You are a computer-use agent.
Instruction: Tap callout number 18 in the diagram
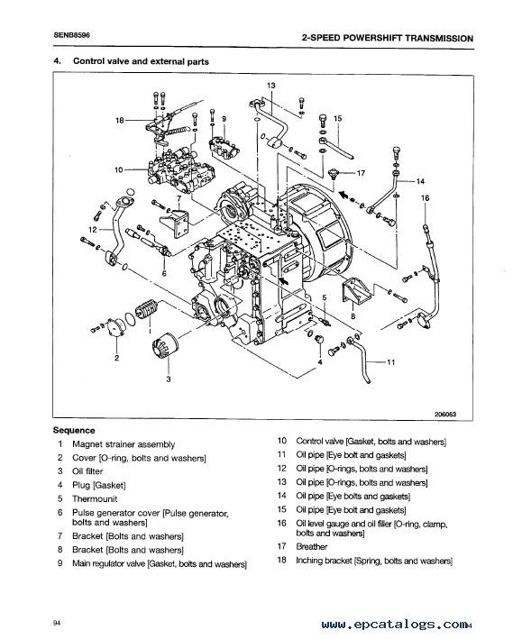[120, 120]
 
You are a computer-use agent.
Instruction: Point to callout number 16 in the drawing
[425, 198]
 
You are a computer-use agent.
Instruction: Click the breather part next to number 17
[334, 174]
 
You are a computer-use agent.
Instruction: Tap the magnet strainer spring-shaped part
[146, 310]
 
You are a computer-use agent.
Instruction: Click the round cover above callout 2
[115, 328]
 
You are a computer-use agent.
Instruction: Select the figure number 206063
[445, 414]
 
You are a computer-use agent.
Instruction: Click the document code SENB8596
[71, 35]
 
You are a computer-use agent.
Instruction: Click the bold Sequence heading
[74, 430]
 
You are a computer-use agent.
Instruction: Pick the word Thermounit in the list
[95, 498]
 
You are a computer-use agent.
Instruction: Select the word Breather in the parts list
[312, 546]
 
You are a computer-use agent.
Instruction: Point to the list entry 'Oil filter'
[87, 471]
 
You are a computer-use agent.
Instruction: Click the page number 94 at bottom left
[57, 623]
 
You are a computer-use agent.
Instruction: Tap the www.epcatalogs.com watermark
[394, 625]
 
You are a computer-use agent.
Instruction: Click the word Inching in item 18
[309, 561]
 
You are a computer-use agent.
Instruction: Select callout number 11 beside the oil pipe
[391, 362]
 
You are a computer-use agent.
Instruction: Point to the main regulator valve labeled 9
[224, 148]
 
